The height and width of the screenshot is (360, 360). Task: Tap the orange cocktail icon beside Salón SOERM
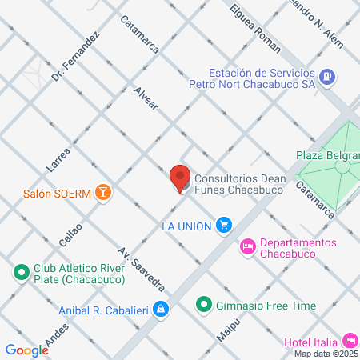[x=102, y=192]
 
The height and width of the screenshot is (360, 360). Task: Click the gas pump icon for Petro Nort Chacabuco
[x=326, y=77]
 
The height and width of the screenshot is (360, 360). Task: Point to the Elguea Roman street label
[x=254, y=26]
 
